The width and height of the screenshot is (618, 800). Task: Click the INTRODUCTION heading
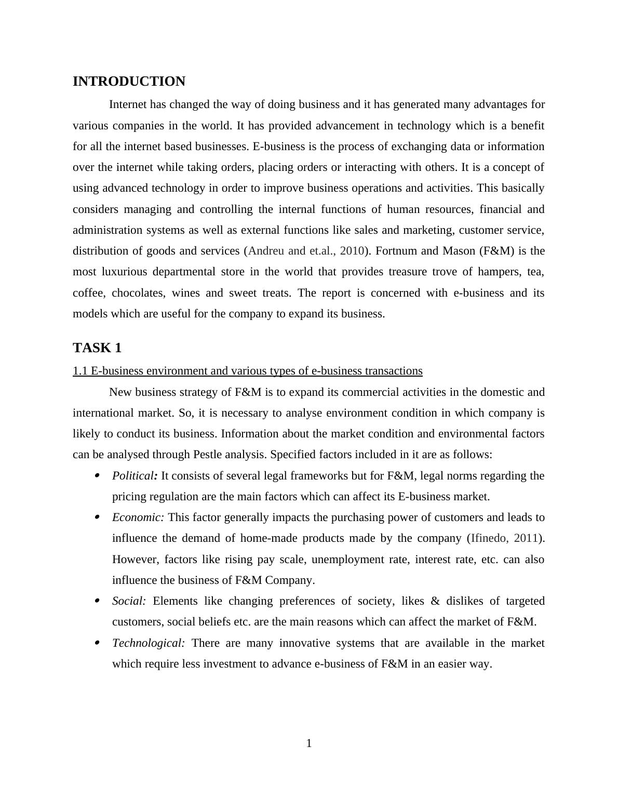[129, 82]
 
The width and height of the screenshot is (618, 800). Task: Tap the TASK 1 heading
[97, 348]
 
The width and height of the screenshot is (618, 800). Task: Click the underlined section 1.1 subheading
[247, 371]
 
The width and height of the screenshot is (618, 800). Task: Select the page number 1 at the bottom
[309, 743]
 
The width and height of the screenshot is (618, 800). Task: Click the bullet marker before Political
[97, 475]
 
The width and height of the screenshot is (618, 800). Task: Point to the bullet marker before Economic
[97, 517]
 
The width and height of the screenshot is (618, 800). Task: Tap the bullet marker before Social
[97, 601]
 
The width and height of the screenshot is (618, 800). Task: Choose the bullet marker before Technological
[97, 643]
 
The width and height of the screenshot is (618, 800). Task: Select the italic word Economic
[138, 517]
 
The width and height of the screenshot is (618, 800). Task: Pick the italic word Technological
[148, 643]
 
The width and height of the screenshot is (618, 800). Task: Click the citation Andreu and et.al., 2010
[306, 251]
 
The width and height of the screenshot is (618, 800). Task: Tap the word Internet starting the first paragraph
[128, 104]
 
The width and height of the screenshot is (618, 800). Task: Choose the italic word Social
[128, 601]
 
